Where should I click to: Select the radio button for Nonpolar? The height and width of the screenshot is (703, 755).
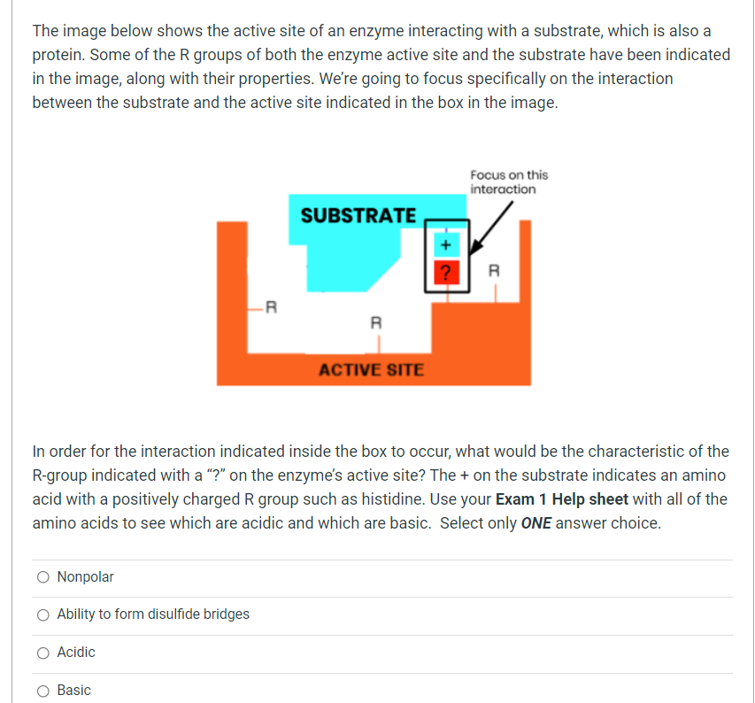click(x=43, y=577)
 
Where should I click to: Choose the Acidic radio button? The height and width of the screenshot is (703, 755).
click(x=43, y=653)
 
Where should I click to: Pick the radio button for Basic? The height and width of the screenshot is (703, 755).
click(x=43, y=691)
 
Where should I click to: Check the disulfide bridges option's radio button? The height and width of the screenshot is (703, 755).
click(x=43, y=614)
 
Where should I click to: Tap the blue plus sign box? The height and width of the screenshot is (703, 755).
click(x=447, y=243)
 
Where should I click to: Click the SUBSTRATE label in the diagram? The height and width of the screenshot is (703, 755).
click(x=358, y=215)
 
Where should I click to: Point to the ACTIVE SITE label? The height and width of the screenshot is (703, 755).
click(x=371, y=369)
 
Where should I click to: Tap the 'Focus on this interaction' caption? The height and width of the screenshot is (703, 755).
click(x=508, y=182)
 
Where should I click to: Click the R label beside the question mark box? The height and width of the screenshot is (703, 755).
click(x=495, y=270)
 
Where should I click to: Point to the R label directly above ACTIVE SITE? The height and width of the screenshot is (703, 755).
click(x=375, y=323)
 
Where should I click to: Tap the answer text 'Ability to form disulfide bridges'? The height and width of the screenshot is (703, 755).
click(x=153, y=614)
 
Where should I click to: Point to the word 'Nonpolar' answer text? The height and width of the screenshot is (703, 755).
click(x=85, y=577)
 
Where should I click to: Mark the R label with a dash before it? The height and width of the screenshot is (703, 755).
click(x=273, y=307)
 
